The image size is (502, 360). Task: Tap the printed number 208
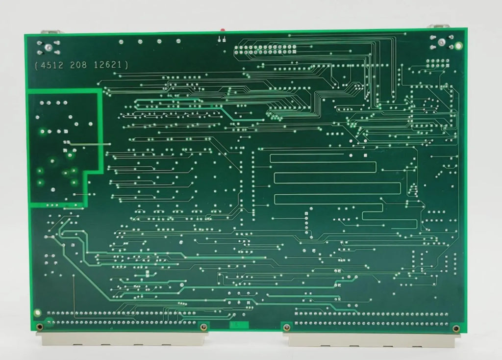pos(79,65)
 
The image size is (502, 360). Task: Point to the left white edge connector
pos(123,337)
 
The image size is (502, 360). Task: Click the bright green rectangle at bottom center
pos(239,325)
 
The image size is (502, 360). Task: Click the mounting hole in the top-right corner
pos(458,46)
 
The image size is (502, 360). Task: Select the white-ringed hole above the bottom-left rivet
pos(37,312)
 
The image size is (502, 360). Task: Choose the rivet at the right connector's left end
pos(287,327)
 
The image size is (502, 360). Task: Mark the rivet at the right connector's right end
pos(456,328)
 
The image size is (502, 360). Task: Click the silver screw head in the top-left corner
pos(49,48)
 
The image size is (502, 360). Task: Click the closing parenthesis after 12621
pos(126,65)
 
